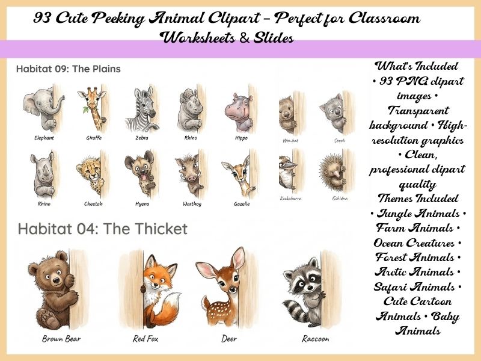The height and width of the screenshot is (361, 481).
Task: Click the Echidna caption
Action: pos(340,198)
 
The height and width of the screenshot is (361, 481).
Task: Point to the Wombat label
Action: pos(290,140)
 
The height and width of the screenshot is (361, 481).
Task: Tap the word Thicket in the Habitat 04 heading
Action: pos(159,229)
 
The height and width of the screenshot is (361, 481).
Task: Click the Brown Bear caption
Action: pos(61,339)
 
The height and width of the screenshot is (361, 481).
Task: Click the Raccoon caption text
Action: pos(315,339)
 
